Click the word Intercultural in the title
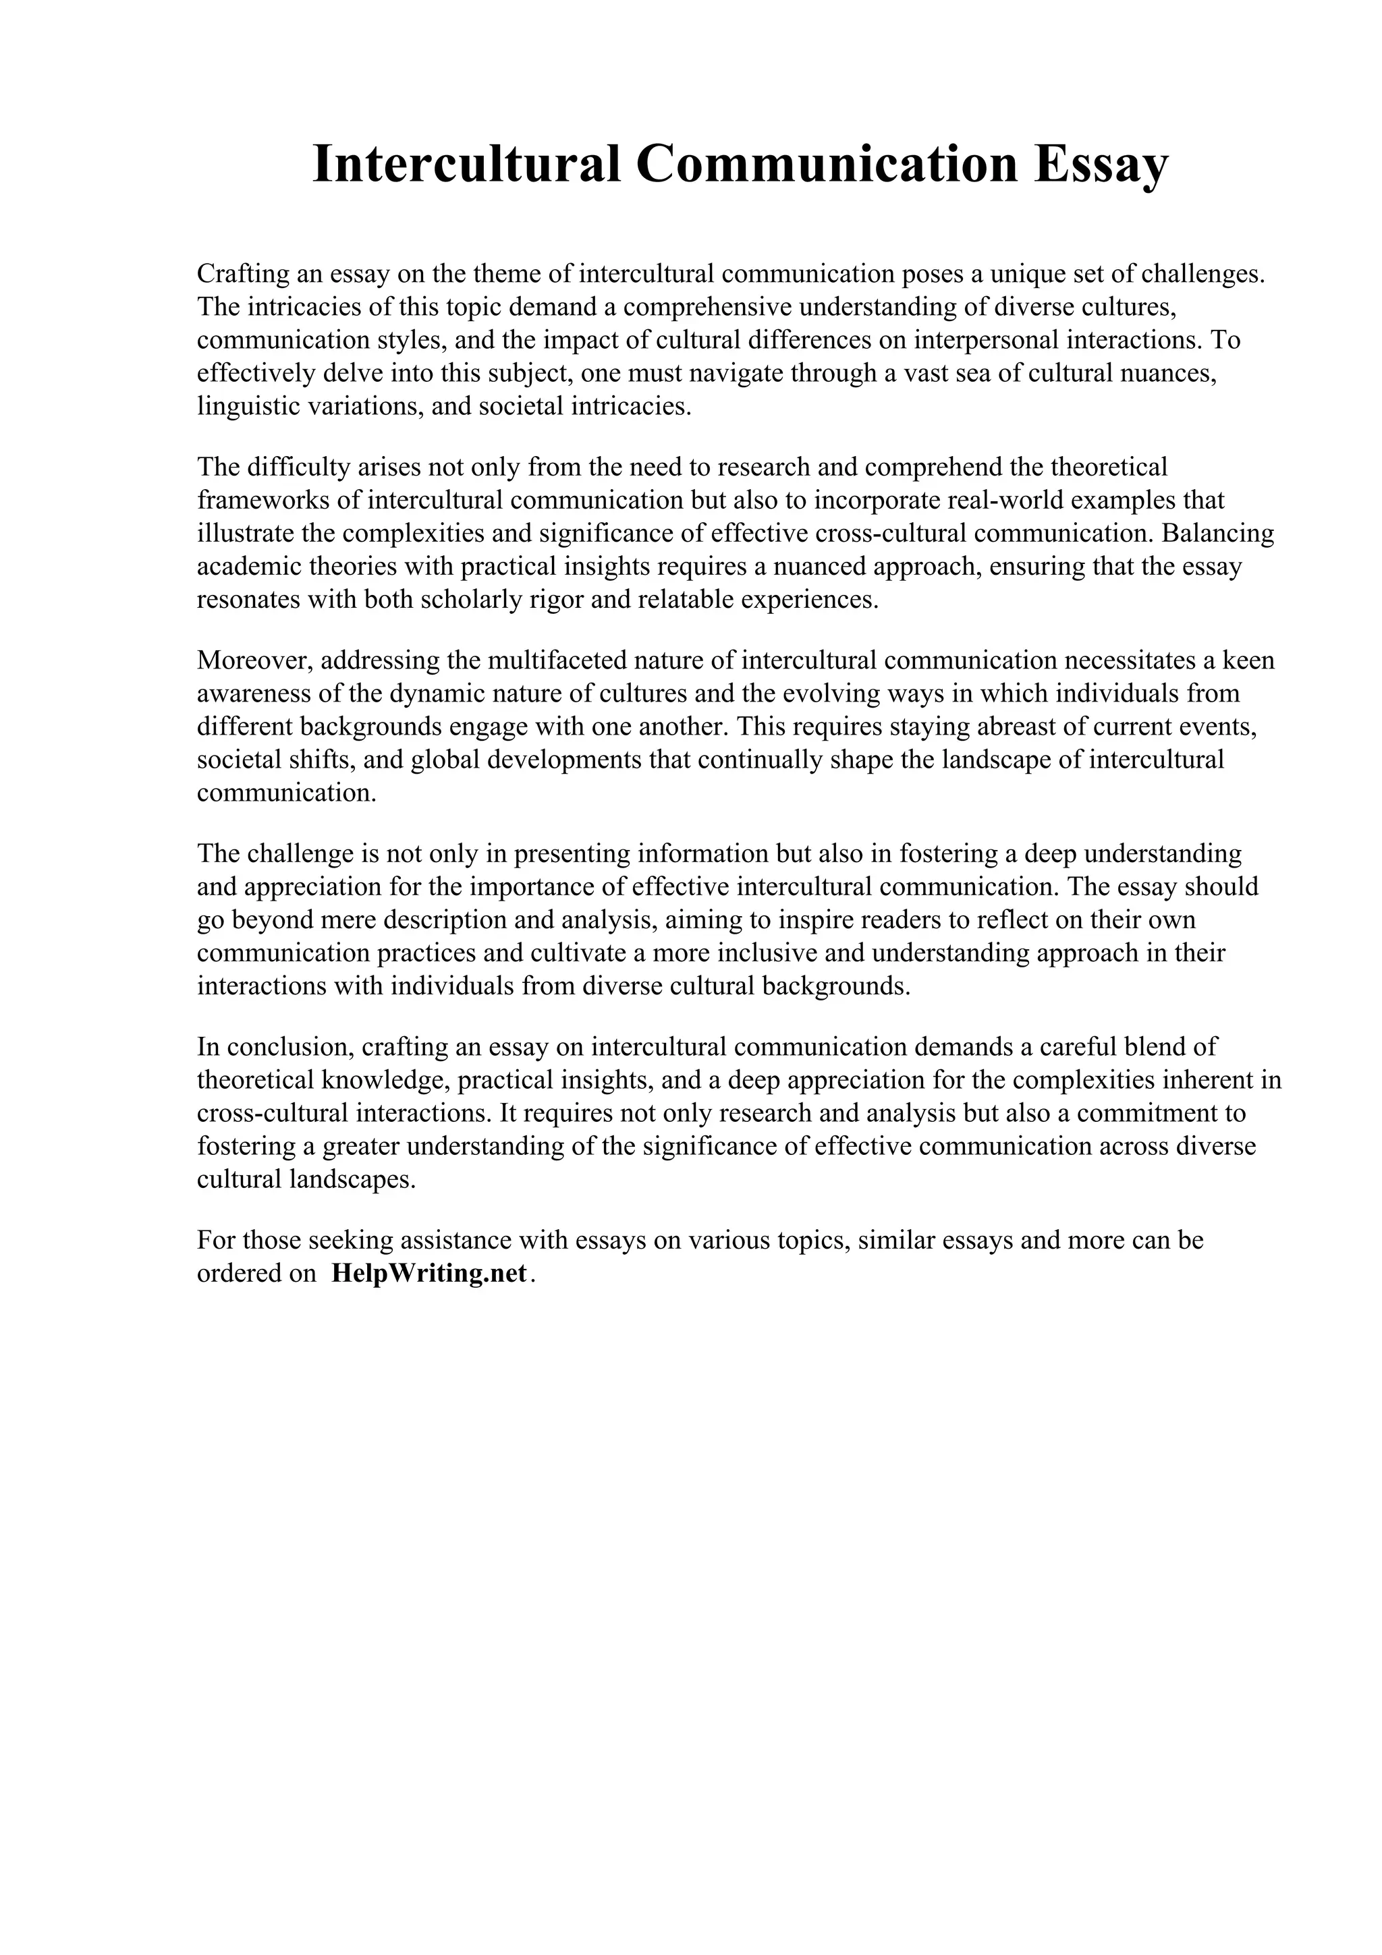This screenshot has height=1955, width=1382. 466,165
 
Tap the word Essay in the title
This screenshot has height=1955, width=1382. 1101,165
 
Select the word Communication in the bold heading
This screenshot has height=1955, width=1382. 826,165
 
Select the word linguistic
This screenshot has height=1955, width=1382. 237,406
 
